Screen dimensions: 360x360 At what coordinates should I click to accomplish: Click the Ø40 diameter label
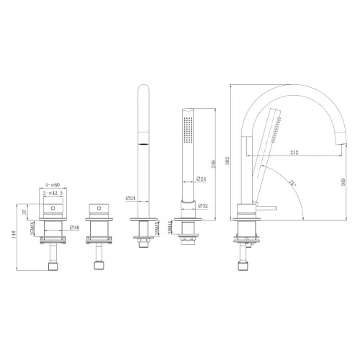click(x=73, y=228)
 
